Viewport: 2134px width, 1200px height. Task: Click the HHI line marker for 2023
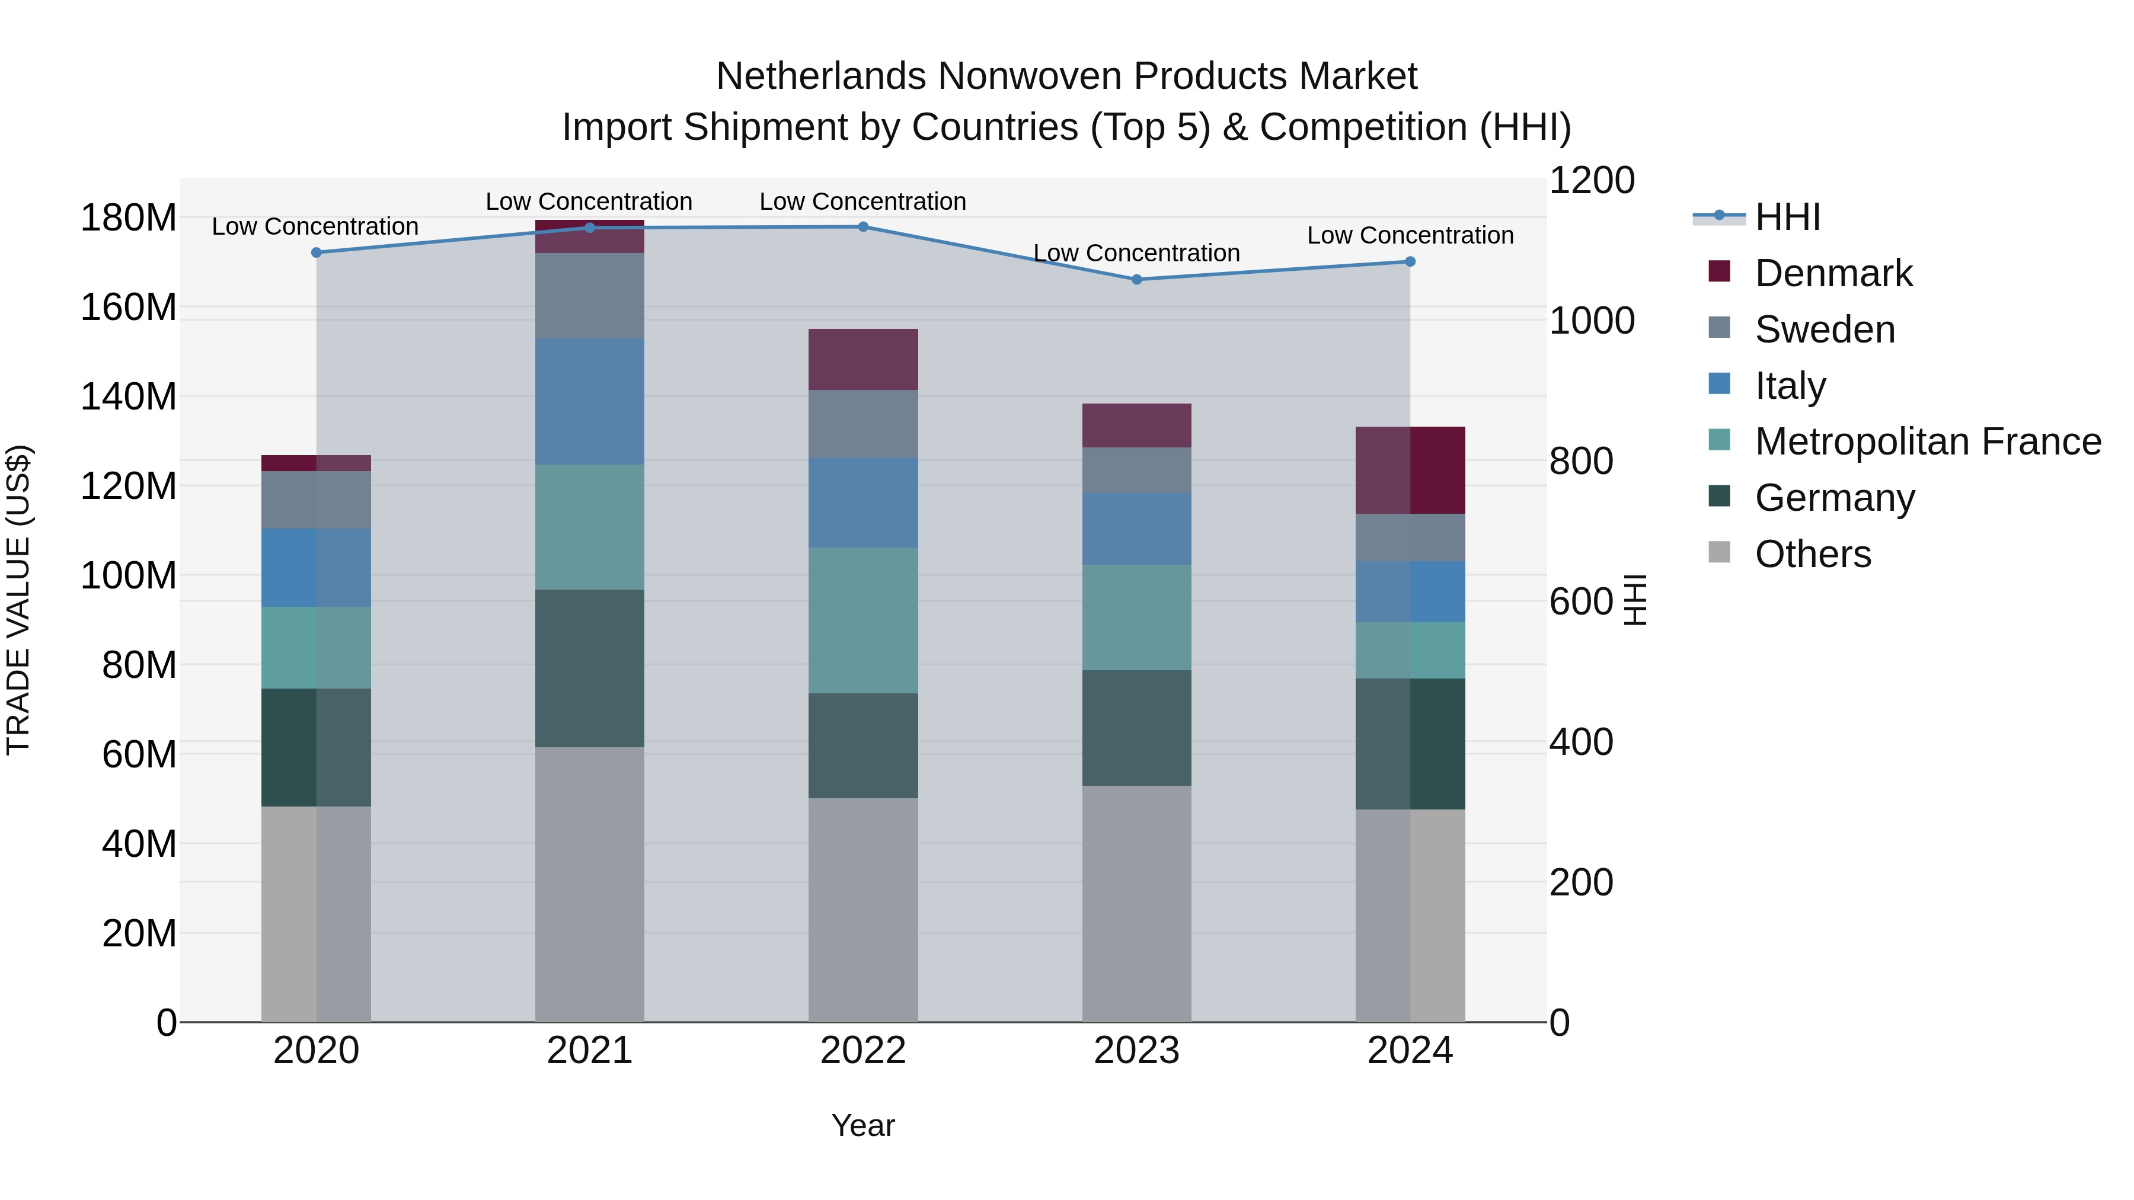coord(1136,280)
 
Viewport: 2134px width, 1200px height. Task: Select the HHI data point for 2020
coord(317,252)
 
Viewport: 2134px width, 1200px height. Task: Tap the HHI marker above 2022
coord(863,227)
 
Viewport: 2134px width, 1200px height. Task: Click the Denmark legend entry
coord(1833,273)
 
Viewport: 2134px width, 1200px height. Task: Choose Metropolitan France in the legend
coord(1928,441)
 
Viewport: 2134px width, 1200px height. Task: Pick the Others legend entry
coord(1813,554)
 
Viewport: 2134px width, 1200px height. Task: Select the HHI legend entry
coord(1788,217)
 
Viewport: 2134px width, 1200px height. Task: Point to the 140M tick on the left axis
coord(129,396)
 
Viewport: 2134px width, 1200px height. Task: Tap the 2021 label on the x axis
coord(590,1051)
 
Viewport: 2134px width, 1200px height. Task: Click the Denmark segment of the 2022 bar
coord(863,360)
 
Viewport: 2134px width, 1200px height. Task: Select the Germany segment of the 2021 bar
coord(590,668)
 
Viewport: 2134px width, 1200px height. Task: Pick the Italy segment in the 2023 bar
coord(1136,529)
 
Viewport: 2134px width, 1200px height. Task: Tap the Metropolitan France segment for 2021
coord(590,527)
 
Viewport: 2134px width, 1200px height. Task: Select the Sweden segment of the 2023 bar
coord(1136,471)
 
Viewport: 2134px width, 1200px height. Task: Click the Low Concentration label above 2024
coord(1410,235)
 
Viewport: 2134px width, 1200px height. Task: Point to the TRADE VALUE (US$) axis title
coord(18,600)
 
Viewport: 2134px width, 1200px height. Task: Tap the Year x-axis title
coord(863,1125)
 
